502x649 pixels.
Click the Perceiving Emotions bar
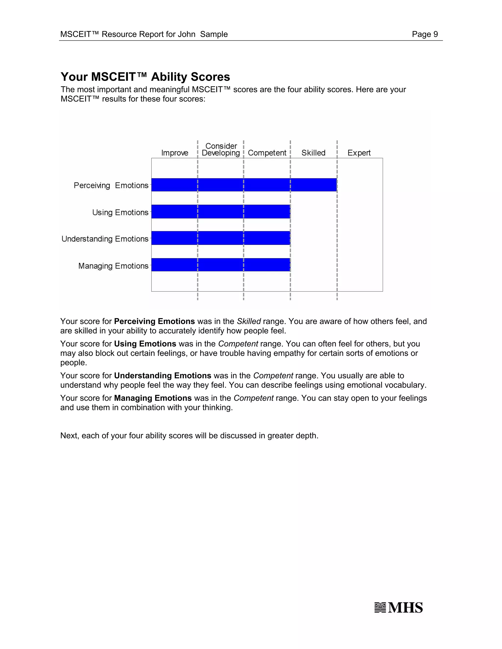pos(244,185)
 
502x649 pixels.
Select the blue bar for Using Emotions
pos(221,212)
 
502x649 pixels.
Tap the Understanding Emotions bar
pos(221,238)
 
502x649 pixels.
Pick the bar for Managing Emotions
pos(221,265)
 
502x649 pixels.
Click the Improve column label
pos(175,153)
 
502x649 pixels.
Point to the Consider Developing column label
pos(221,149)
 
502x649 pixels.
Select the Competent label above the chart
pos(267,153)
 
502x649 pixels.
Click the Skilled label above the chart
pos(313,153)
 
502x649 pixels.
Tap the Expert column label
pos(359,153)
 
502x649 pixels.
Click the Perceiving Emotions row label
pos(111,185)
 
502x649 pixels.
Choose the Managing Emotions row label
pos(113,266)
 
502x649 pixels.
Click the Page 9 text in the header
pos(425,34)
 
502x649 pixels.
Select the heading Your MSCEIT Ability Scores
pos(145,77)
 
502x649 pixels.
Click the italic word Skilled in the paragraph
pos(249,321)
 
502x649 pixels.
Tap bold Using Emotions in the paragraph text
pos(145,344)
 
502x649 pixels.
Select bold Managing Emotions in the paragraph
pos(153,398)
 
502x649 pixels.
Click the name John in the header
pos(187,34)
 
